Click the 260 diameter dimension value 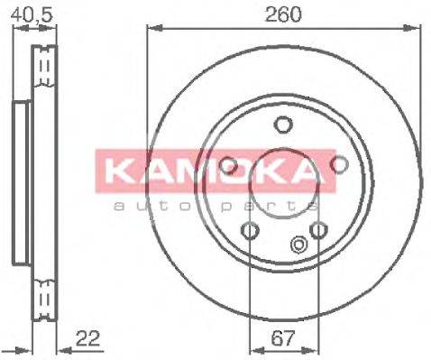pos(284,14)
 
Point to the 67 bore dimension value pos(283,341)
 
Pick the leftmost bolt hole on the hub pos(229,165)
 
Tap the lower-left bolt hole pos(250,231)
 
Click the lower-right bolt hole pos(318,231)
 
